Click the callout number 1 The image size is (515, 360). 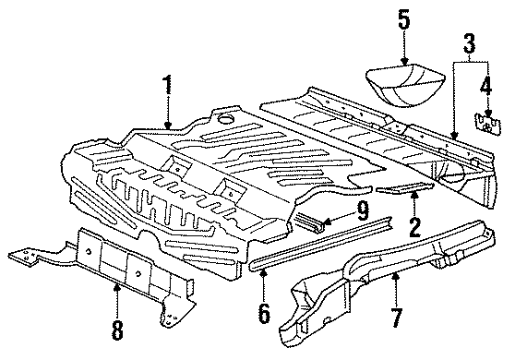click(168, 85)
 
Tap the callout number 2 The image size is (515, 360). click(414, 227)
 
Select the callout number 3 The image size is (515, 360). click(470, 43)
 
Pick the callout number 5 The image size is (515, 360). click(404, 21)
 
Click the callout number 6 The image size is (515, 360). click(264, 313)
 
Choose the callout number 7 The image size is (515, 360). click(397, 318)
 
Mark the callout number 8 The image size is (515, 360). click(117, 330)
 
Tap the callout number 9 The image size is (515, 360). click(363, 210)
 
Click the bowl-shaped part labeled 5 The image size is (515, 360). click(405, 85)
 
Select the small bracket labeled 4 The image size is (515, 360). click(487, 124)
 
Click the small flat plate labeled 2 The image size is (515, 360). click(404, 187)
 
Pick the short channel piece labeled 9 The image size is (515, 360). click(309, 222)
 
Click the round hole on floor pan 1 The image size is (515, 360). click(225, 118)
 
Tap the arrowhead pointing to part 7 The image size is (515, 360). click(397, 277)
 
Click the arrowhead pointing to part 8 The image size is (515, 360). click(117, 288)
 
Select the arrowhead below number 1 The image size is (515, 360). click(168, 126)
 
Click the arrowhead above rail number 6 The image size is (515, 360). click(263, 271)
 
